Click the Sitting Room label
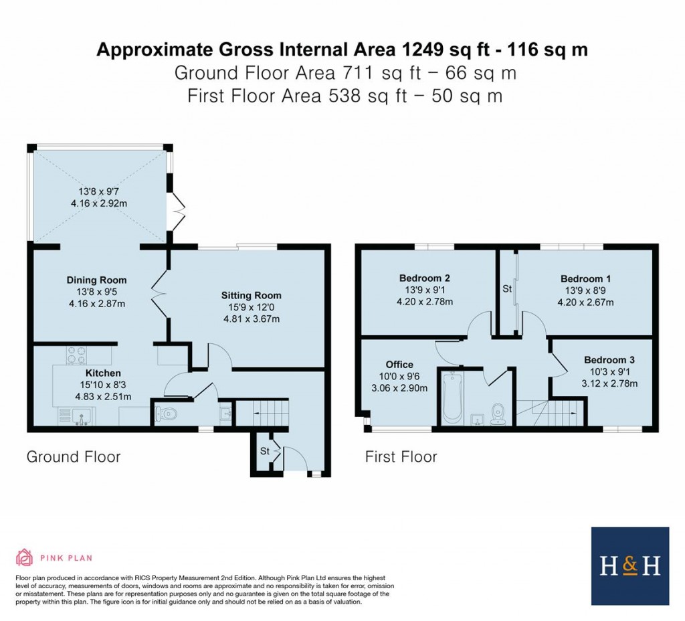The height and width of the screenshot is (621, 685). [252, 295]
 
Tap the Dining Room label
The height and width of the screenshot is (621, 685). [96, 280]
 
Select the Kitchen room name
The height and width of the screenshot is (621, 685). [103, 373]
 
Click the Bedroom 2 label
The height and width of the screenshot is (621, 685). [424, 278]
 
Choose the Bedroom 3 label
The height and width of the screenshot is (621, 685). [608, 359]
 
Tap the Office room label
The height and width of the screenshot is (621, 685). [399, 364]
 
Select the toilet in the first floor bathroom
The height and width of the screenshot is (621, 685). [498, 413]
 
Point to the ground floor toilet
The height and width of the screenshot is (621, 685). [165, 413]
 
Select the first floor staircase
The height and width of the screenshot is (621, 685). [550, 410]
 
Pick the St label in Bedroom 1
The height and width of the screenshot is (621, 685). [506, 289]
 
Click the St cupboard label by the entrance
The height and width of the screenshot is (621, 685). [264, 452]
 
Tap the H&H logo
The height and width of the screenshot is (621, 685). [629, 566]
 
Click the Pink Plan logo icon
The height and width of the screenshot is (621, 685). [24, 557]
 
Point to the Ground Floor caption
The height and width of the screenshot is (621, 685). [74, 457]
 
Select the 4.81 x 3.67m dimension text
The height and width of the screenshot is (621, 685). [252, 319]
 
